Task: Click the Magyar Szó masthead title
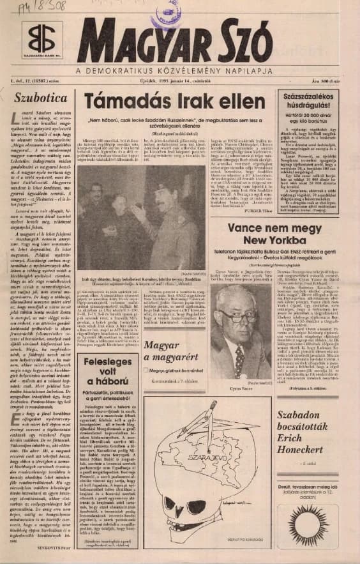(211, 42)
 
